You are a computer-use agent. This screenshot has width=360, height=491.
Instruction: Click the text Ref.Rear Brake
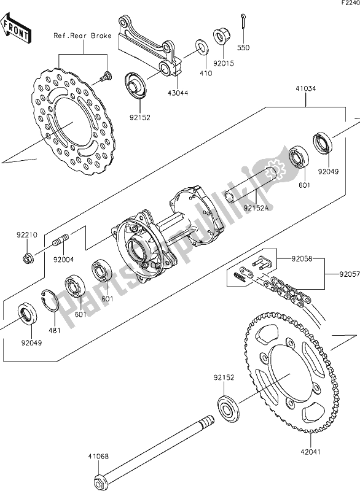[82, 36]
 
